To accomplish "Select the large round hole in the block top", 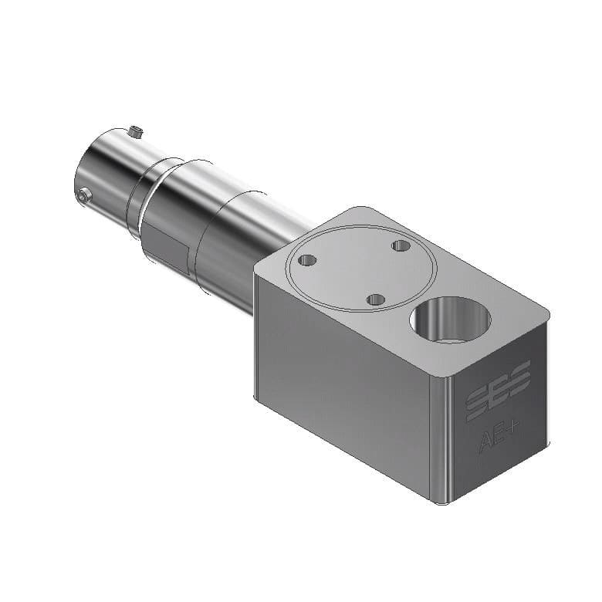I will point(450,320).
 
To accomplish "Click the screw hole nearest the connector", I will point(307,260).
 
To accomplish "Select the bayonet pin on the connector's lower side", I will point(84,197).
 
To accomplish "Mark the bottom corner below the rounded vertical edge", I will point(441,502).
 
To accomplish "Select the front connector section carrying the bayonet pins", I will point(104,174).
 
